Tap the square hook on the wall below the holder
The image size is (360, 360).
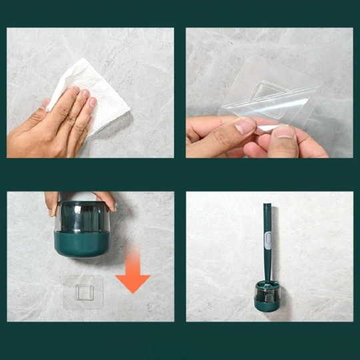tap(83, 292)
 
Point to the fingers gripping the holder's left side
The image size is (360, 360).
tap(52, 202)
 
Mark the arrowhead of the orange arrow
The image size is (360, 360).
tap(133, 283)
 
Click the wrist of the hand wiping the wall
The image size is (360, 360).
tap(17, 143)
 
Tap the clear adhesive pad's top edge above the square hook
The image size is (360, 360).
tap(83, 277)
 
